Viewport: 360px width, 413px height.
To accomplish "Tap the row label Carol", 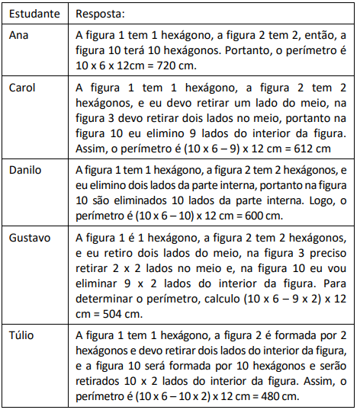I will (22, 87).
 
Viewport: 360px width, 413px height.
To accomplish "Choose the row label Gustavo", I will (31, 237).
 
